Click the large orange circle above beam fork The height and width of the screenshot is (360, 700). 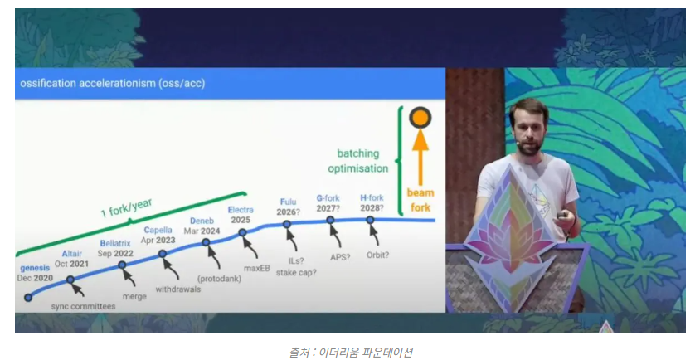point(420,118)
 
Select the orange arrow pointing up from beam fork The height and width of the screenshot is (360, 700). point(420,156)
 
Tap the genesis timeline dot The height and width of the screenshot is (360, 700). point(28,298)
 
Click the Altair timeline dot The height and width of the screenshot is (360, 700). point(70,280)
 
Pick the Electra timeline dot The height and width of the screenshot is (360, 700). point(242,233)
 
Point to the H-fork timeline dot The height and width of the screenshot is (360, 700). point(370,220)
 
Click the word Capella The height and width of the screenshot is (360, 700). point(158,230)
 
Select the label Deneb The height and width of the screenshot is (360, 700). point(202,221)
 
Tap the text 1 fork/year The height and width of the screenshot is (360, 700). point(127,207)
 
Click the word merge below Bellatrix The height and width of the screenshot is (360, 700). point(134,297)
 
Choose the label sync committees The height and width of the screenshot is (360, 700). point(83,306)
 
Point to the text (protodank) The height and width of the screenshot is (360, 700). point(219,279)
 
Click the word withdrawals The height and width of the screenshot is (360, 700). point(178,289)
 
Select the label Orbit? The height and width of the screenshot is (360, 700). point(377,255)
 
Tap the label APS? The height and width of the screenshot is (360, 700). point(340,257)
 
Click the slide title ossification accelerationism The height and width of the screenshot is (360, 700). point(113,84)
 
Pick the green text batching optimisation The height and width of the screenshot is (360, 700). point(358,161)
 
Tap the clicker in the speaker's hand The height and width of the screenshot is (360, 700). point(562,216)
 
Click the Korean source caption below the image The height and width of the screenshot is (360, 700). point(350,352)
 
